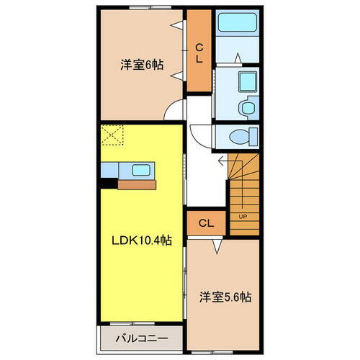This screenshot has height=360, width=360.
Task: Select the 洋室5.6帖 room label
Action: pos(225,297)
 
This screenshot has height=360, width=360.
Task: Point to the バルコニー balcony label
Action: pos(142,337)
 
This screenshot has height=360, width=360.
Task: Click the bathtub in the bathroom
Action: pos(236,22)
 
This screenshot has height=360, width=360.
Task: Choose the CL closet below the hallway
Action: pos(205,223)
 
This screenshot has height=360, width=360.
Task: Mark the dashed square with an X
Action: pos(112,135)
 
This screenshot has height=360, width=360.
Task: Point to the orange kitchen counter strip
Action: pos(136,184)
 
